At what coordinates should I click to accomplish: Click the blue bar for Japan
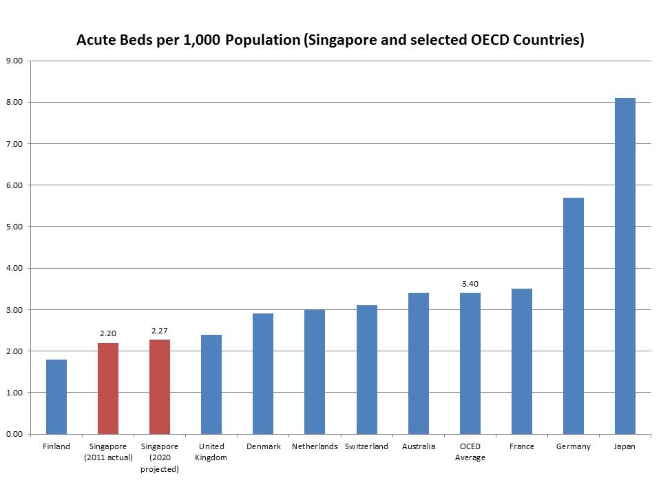(625, 266)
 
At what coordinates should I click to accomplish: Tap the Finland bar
(56, 397)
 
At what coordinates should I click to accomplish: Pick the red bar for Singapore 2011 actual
(108, 389)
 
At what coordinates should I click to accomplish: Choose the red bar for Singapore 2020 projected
(160, 386)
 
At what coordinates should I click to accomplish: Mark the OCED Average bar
(470, 363)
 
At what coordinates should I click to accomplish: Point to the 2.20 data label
(108, 334)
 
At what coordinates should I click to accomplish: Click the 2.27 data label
(160, 331)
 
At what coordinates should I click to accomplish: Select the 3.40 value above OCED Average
(470, 284)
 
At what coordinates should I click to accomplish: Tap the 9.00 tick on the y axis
(14, 61)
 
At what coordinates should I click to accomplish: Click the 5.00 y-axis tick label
(14, 227)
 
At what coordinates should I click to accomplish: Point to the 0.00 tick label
(14, 434)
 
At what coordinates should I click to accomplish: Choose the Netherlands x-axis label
(315, 446)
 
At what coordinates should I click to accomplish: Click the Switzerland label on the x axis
(366, 446)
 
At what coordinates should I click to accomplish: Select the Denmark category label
(263, 446)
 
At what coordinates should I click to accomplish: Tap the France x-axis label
(522, 446)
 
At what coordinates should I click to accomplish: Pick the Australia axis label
(419, 446)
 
